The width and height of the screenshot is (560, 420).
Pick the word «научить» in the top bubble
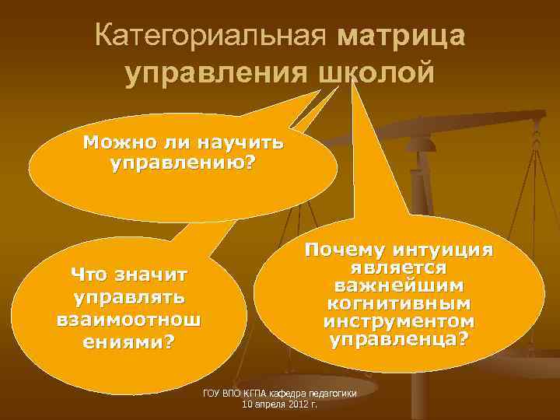(241, 144)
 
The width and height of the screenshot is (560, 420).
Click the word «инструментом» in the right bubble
(397, 320)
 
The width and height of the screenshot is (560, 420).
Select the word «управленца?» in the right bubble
(397, 339)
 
